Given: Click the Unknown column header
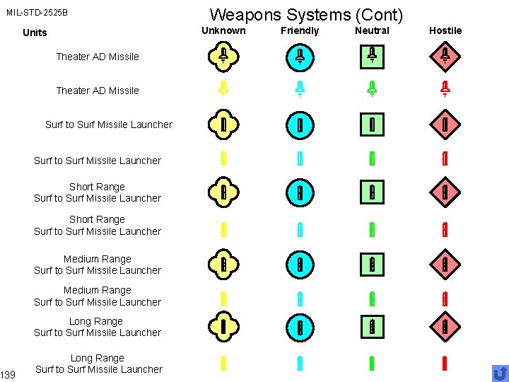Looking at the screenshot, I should [223, 30].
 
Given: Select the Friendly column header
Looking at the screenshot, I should [300, 30].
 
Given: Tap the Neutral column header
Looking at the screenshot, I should [372, 30].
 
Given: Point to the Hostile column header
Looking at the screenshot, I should [445, 30].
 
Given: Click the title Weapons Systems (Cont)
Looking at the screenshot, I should [306, 14].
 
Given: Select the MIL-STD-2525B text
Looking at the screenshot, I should [37, 13].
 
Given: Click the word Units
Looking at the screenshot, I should [35, 33].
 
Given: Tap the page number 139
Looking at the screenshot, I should [8, 374].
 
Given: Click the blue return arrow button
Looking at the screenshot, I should [500, 373].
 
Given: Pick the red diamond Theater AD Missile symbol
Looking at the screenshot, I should [445, 56].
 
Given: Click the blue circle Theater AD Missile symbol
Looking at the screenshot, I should [300, 57].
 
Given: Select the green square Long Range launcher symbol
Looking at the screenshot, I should [372, 327].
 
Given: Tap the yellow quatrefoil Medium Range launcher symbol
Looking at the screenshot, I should [223, 265].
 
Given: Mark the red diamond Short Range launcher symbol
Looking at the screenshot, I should [445, 191].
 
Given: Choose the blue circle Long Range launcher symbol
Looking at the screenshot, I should [300, 327].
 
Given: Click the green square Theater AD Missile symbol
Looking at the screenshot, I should [372, 56].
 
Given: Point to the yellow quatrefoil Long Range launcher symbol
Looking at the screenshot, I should [223, 326].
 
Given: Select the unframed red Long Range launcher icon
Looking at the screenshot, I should [445, 364].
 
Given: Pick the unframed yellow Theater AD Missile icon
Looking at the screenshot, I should [223, 89].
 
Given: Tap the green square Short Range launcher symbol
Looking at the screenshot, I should [372, 191].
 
